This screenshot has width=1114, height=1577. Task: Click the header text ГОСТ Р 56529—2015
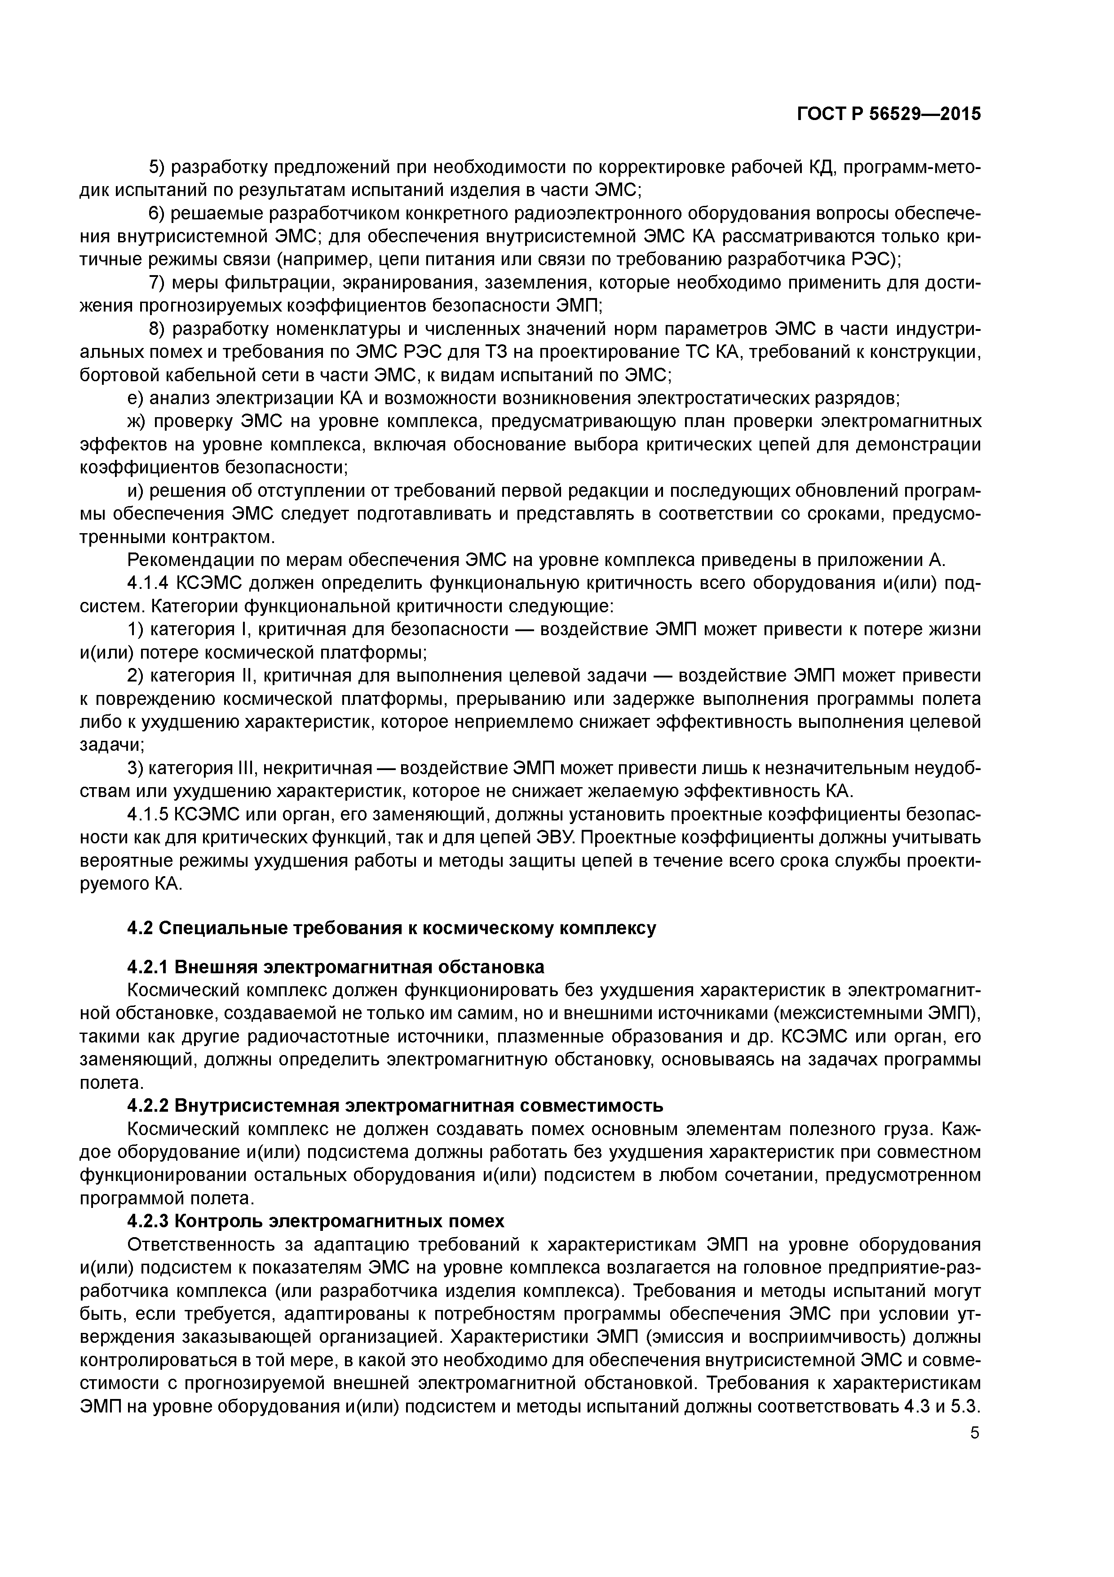pyautogui.click(x=888, y=114)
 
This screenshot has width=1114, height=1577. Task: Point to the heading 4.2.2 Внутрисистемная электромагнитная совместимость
pyautogui.click(x=395, y=1106)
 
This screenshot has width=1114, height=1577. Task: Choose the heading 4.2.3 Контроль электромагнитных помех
pyautogui.click(x=316, y=1221)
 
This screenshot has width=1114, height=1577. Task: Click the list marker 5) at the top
pyautogui.click(x=157, y=168)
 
